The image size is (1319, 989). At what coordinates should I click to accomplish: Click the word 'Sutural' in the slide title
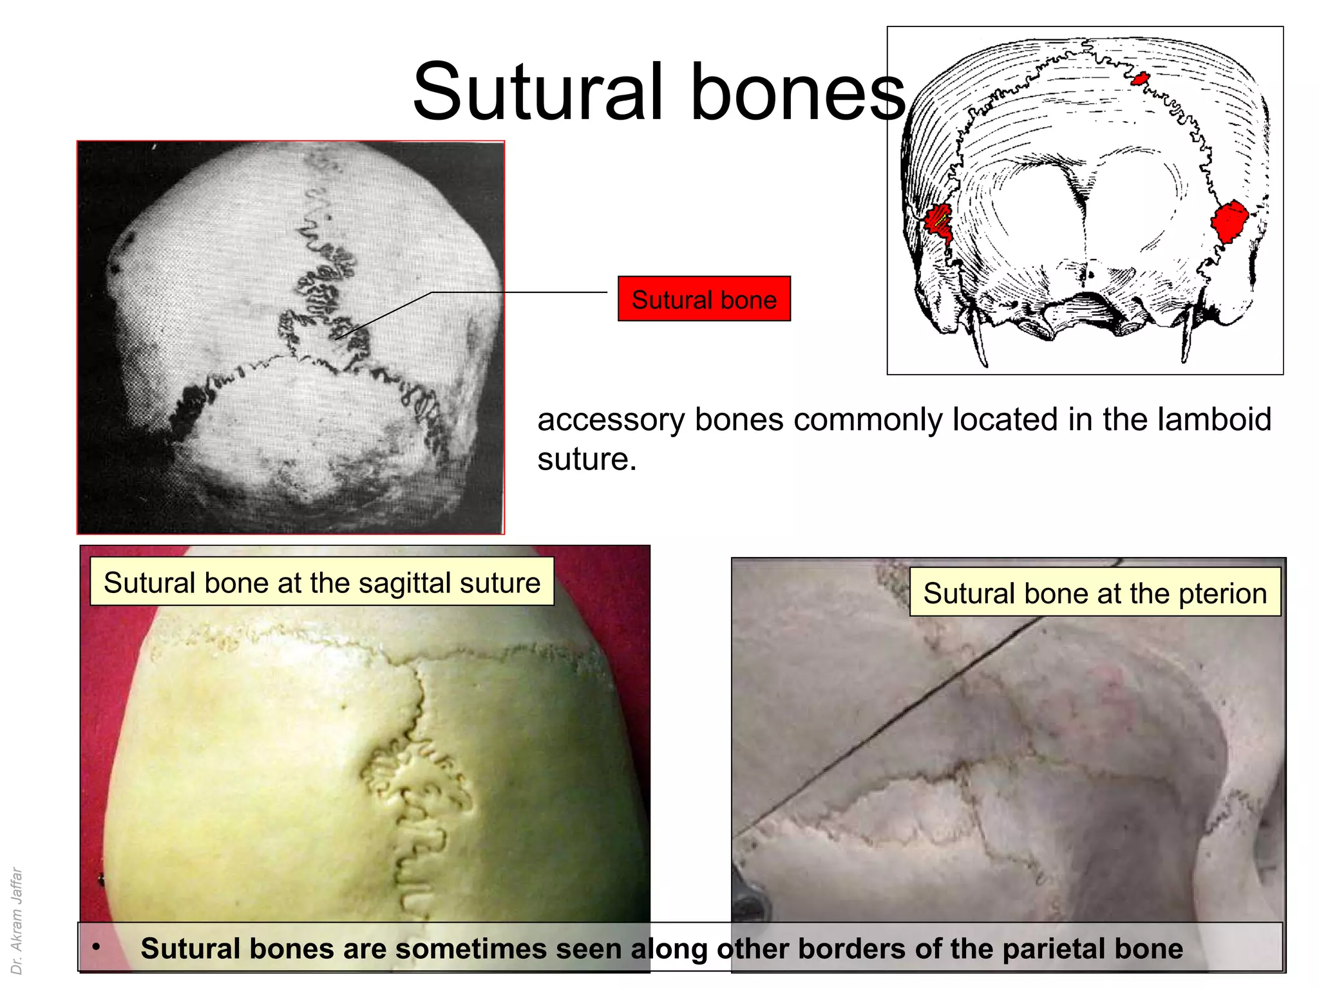538,91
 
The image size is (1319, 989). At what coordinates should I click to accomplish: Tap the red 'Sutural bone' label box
704,299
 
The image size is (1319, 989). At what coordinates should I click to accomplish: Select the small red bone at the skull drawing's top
1139,79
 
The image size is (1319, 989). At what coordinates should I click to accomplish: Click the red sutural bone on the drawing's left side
938,221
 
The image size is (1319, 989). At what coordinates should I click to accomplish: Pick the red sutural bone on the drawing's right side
1229,221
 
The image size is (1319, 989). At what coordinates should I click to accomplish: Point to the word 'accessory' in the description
611,420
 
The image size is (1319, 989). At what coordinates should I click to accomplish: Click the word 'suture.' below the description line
587,460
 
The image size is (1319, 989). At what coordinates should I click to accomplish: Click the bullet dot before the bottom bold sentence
96,947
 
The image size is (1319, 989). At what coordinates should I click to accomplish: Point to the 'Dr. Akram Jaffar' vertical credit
17,921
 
